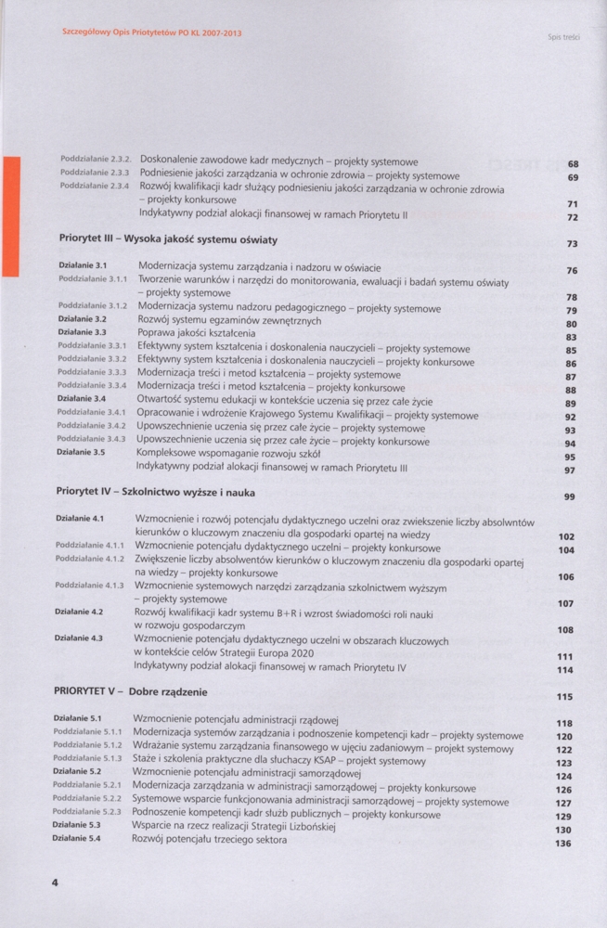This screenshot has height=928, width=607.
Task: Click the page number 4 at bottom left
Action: (56, 883)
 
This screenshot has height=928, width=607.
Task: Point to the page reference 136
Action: (562, 844)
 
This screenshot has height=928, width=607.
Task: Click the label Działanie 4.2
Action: (79, 612)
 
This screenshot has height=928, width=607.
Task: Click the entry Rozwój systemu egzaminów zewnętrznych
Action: (229, 321)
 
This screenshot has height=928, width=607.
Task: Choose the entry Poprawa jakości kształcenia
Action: (195, 335)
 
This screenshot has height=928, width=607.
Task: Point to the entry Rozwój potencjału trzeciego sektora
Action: (210, 840)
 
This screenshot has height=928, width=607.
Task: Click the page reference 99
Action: (569, 497)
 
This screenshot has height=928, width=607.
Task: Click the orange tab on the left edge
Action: (10, 216)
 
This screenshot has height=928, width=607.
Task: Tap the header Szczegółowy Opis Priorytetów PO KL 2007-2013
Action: (150, 32)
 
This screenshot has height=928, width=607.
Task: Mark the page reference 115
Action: (564, 696)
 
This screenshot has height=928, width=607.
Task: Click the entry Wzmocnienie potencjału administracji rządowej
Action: (236, 719)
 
